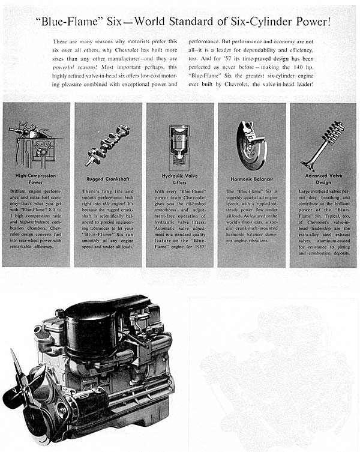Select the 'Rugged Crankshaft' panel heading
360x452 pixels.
click(x=108, y=178)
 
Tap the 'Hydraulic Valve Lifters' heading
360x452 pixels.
click(x=179, y=178)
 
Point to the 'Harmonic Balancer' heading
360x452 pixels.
click(x=251, y=178)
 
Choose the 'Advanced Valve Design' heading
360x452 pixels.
click(x=323, y=178)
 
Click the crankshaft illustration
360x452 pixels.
click(x=107, y=145)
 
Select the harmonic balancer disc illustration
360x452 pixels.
click(x=250, y=146)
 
